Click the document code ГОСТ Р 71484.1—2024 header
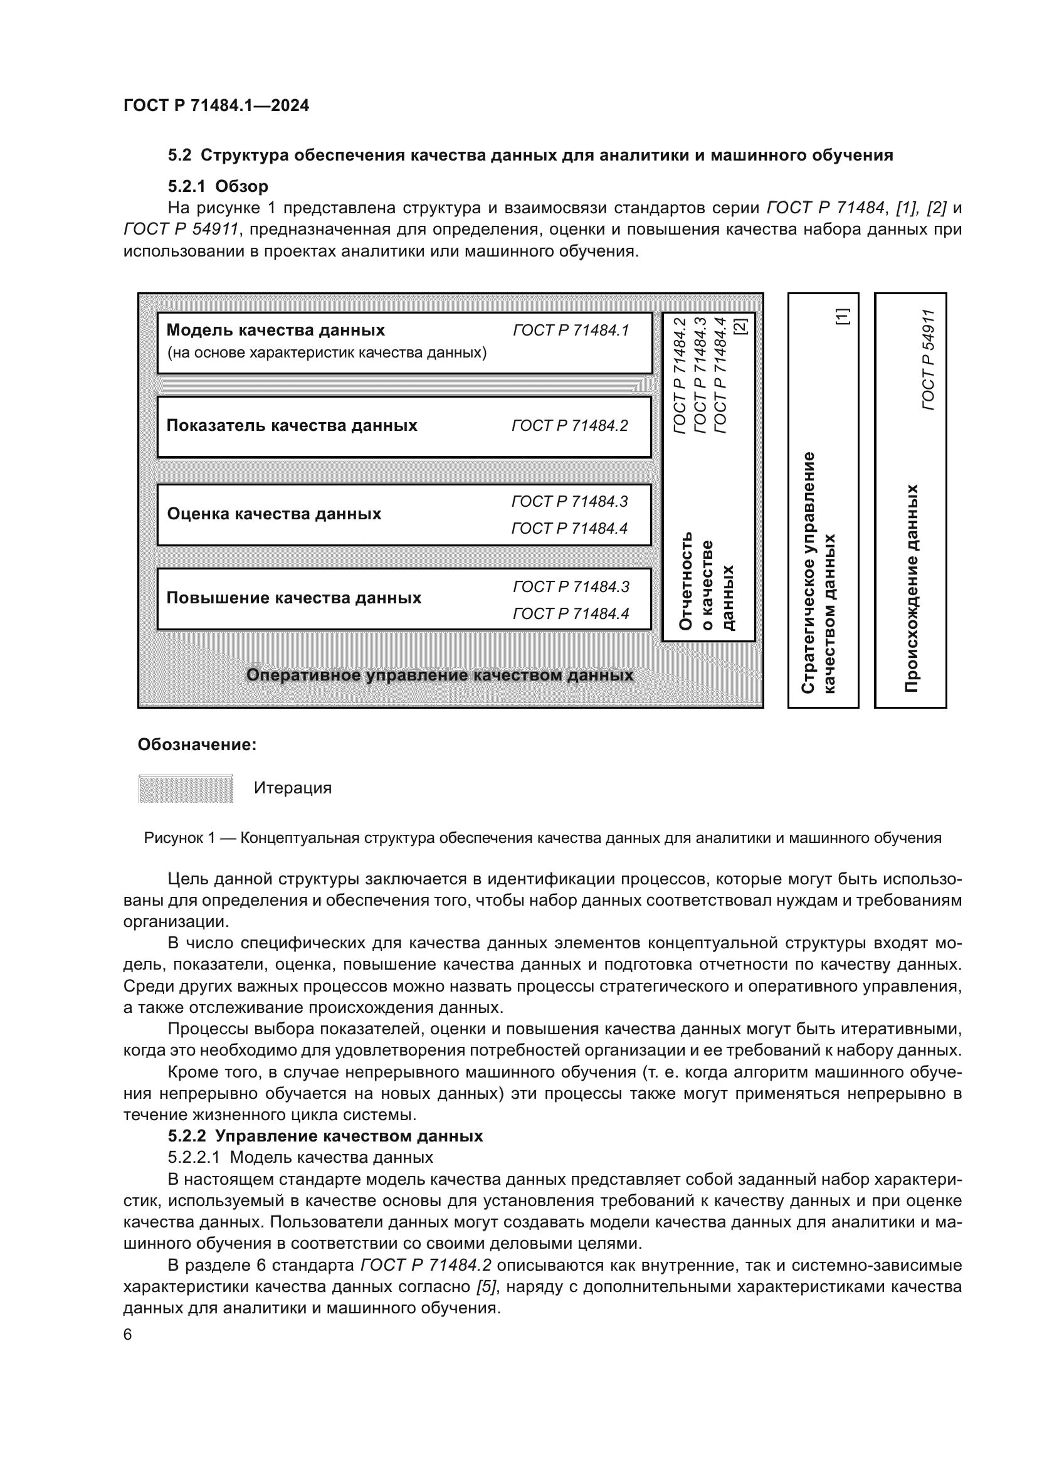tap(216, 105)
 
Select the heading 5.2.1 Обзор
tap(218, 186)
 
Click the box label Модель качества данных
tap(275, 331)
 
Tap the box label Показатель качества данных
tap(291, 425)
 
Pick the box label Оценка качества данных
tap(274, 514)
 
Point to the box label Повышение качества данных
tap(293, 598)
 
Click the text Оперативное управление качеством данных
tap(440, 675)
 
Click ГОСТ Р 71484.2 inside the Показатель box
tap(569, 425)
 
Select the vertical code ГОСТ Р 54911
tap(929, 360)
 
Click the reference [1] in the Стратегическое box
tap(842, 316)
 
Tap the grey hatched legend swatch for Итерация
tap(186, 788)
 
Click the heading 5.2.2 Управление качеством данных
tap(325, 1136)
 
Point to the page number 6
tap(128, 1335)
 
